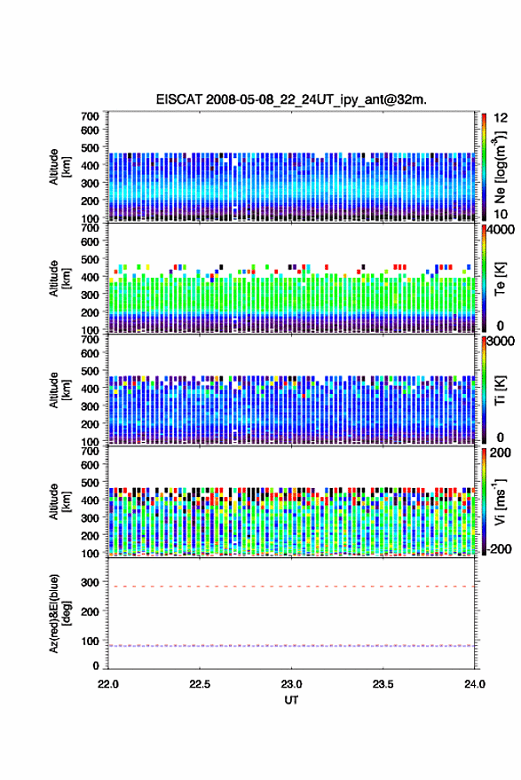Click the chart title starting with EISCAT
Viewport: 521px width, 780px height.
[x=291, y=99]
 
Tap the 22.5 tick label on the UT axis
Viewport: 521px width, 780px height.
[x=200, y=684]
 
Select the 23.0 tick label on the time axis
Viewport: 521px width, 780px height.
[x=291, y=684]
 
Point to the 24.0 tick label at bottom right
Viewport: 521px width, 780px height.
[x=475, y=684]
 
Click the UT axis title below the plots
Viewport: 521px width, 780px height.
[x=291, y=700]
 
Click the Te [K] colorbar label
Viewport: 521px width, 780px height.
[x=500, y=279]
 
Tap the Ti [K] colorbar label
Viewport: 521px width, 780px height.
[x=500, y=390]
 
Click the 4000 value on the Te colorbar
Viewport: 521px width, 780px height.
[x=501, y=230]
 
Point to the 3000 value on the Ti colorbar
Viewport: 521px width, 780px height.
[x=501, y=342]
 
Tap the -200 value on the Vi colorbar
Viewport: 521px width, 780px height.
[x=500, y=548]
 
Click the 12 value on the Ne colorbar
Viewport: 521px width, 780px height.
[x=501, y=118]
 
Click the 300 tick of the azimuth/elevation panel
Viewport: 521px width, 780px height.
[x=90, y=581]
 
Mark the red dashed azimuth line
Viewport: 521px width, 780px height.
[x=291, y=587]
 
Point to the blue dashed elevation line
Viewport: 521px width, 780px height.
[x=291, y=646]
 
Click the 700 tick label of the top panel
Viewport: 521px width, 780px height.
[x=90, y=116]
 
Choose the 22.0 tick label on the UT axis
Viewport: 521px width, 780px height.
[x=108, y=684]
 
